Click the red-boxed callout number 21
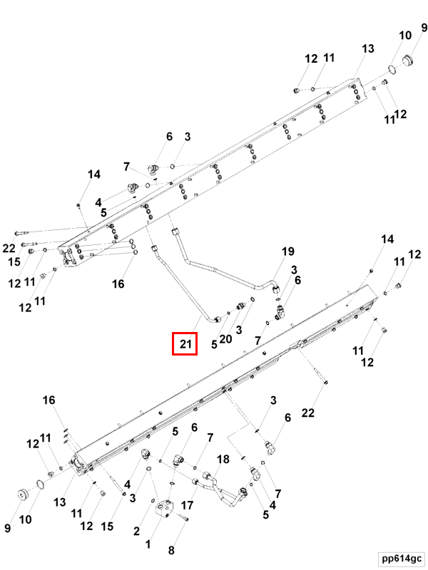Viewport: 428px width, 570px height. pos(186,344)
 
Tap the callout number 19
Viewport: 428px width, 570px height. pos(287,252)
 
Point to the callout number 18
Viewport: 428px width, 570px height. pos(223,460)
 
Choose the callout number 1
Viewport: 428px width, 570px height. pos(148,544)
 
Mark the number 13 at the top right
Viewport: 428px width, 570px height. pos(367,48)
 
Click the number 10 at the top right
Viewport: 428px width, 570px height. pos(405,35)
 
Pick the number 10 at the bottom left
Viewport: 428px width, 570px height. pos(25,520)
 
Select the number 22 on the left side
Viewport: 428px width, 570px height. pos(9,248)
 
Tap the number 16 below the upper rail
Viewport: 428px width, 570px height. pos(118,284)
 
